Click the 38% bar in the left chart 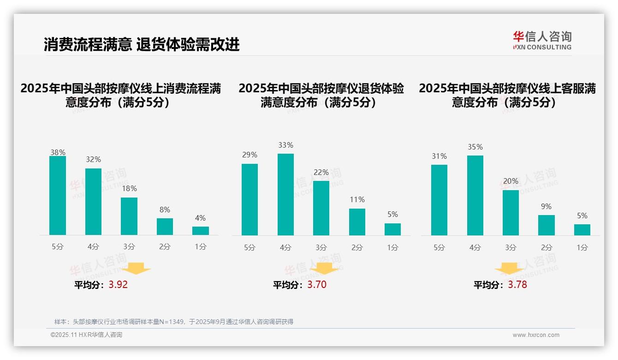pyautogui.click(x=58, y=196)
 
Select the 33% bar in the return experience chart pyautogui.click(x=285, y=194)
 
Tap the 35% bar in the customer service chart pyautogui.click(x=475, y=195)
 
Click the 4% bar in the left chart pyautogui.click(x=201, y=231)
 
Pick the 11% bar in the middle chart pyautogui.click(x=357, y=222)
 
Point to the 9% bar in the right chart pyautogui.click(x=547, y=225)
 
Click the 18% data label pyautogui.click(x=129, y=189)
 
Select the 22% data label pyautogui.click(x=321, y=173)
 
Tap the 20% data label pyautogui.click(x=511, y=181)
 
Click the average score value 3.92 pyautogui.click(x=118, y=285)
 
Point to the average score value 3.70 pyautogui.click(x=317, y=285)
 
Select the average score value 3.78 pyautogui.click(x=517, y=285)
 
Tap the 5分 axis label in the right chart pyautogui.click(x=439, y=247)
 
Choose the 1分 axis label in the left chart pyautogui.click(x=201, y=247)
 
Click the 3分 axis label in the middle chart pyautogui.click(x=321, y=247)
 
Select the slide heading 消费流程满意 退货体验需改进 pyautogui.click(x=142, y=44)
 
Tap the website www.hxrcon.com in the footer pyautogui.click(x=536, y=335)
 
